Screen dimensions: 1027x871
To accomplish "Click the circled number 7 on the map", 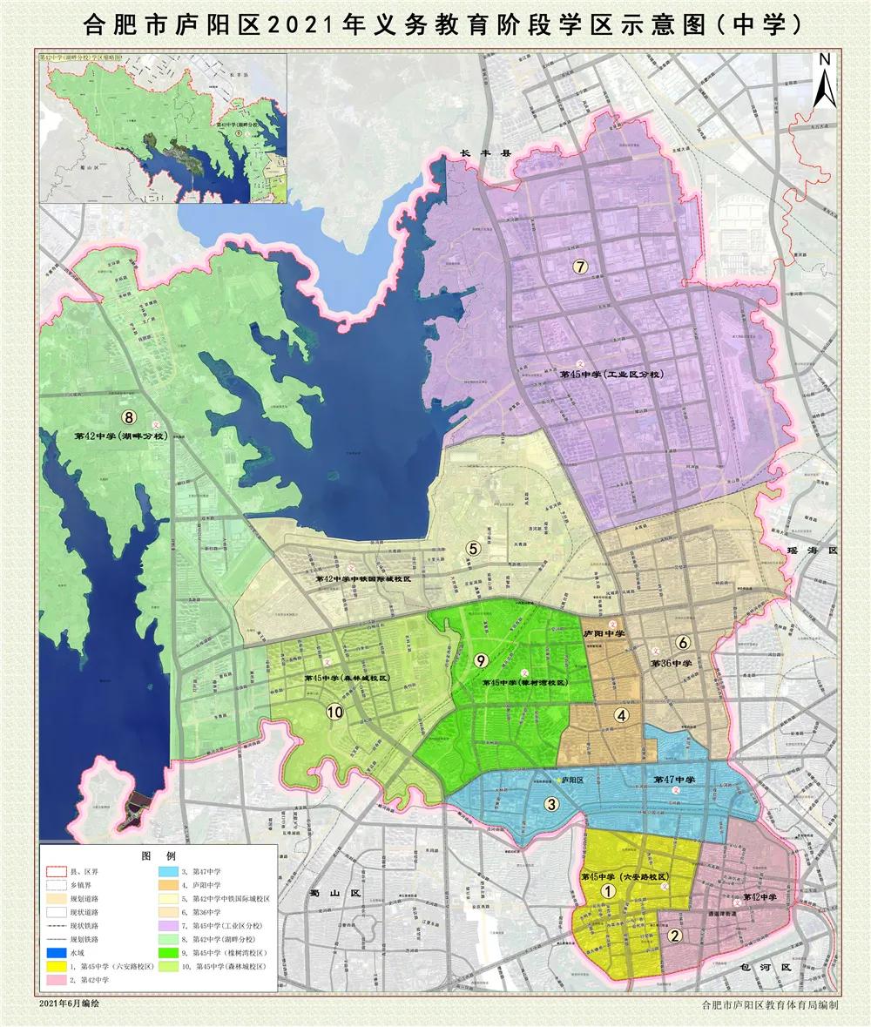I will pos(579,267).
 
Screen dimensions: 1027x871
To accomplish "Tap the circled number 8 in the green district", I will pos(132,418).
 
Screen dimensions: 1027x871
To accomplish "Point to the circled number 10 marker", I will pos(334,712).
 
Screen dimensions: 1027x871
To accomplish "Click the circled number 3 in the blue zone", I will pos(551,804).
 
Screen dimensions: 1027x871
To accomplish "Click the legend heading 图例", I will pos(159,856).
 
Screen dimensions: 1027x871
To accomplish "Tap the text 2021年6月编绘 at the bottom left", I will pos(70,1003).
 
